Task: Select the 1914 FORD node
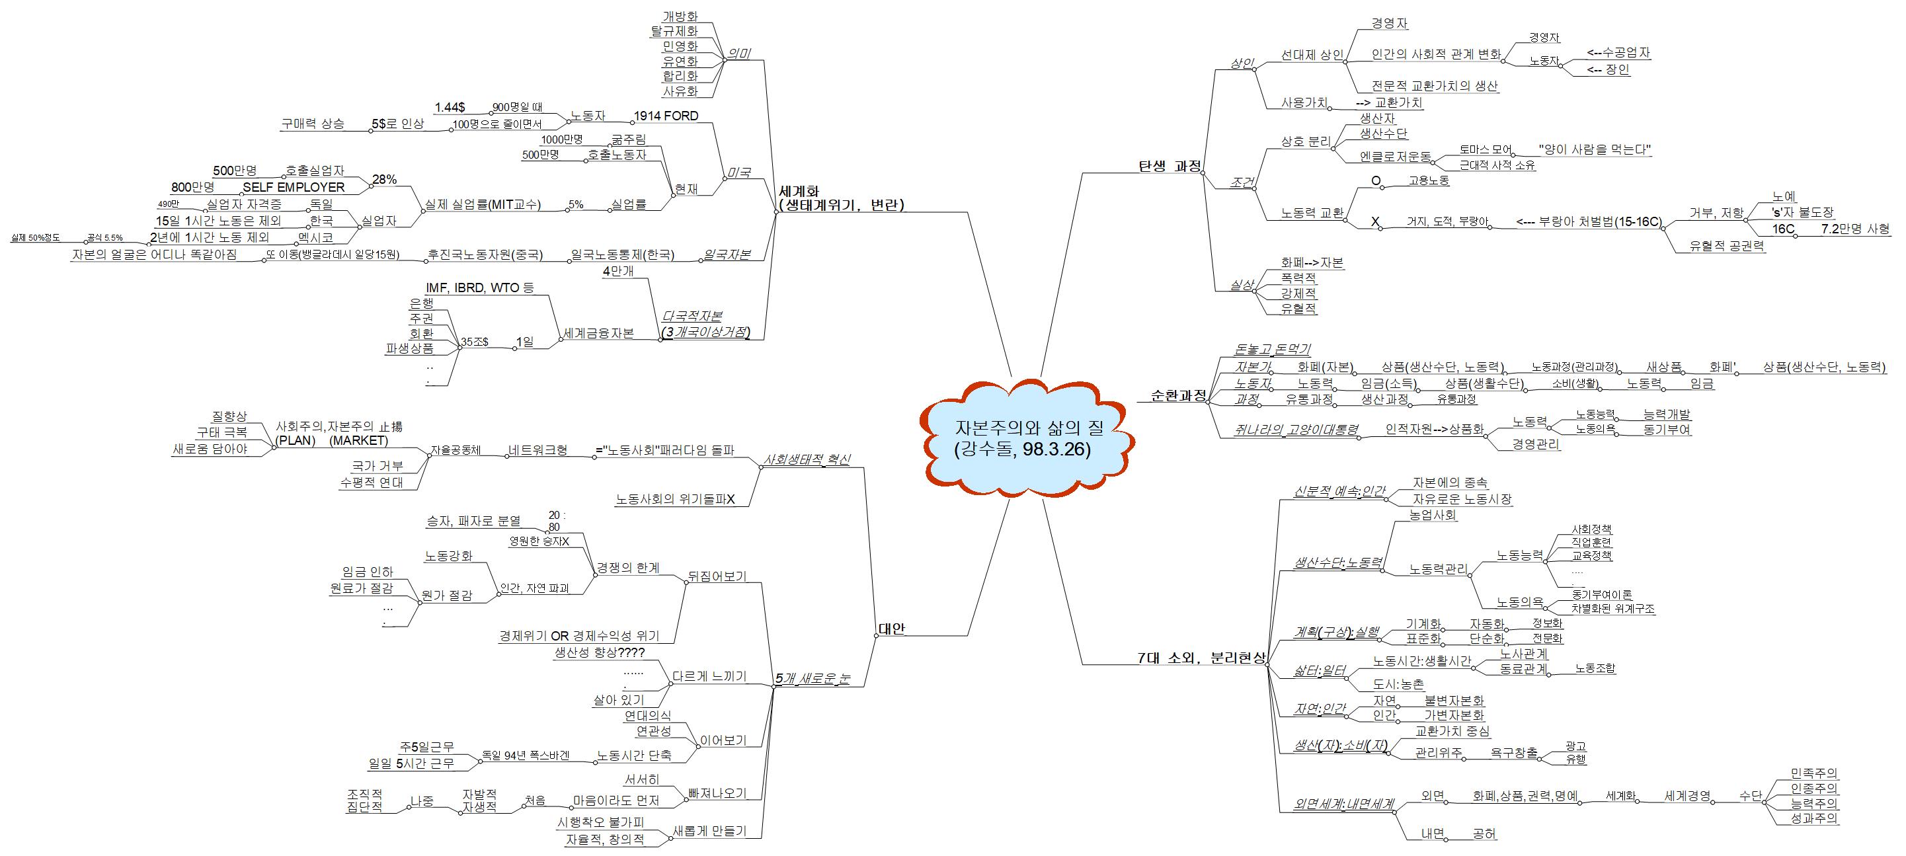(x=665, y=116)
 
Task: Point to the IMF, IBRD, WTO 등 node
(x=479, y=288)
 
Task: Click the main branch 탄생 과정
(x=1170, y=166)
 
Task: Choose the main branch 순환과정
(x=1178, y=396)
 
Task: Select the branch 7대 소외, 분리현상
(x=1201, y=658)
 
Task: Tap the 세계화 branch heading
(x=799, y=192)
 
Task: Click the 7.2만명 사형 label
(x=1854, y=229)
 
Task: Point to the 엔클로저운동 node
(x=1395, y=157)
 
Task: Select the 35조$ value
(x=474, y=342)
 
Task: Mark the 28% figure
(x=384, y=179)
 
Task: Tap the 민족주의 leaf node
(x=1813, y=773)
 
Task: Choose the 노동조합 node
(x=1595, y=668)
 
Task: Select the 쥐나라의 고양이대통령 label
(x=1297, y=430)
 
